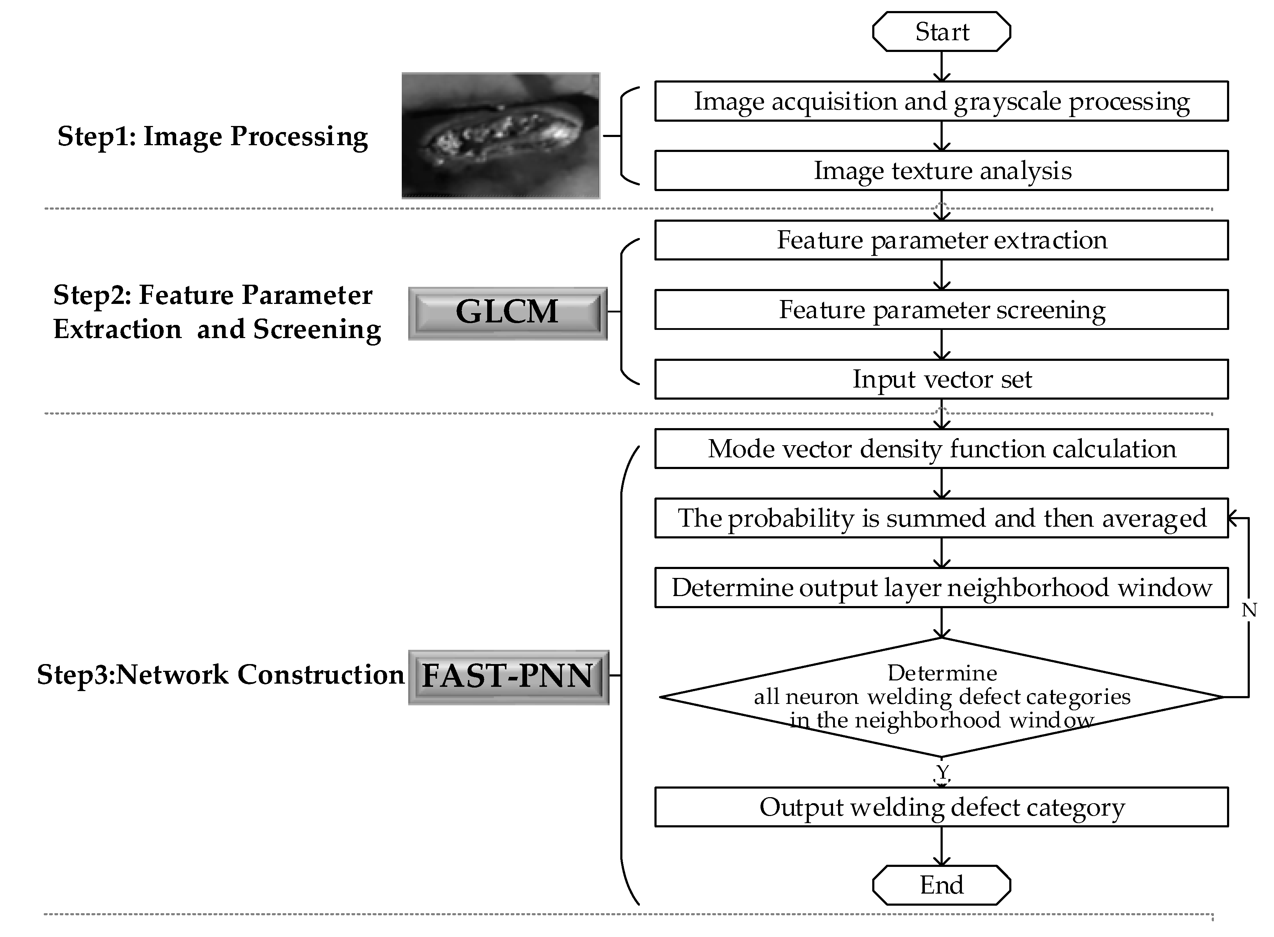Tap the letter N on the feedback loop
[1249, 610]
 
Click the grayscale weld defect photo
[500, 136]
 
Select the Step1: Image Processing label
[213, 137]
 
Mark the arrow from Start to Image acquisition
[942, 66]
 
